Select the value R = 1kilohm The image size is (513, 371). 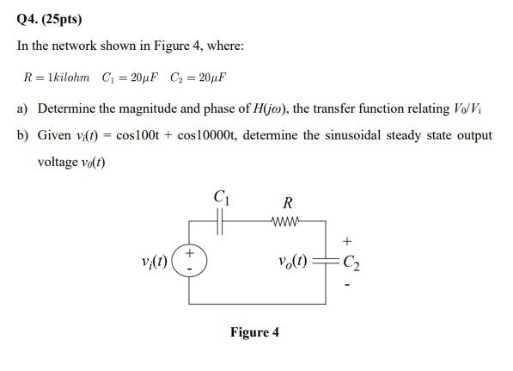(x=57, y=78)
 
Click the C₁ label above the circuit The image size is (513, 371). (x=221, y=199)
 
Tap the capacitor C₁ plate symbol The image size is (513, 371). (x=221, y=222)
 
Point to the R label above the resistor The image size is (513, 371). (x=288, y=204)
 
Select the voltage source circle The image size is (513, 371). (x=189, y=260)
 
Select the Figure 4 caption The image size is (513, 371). (x=254, y=331)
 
